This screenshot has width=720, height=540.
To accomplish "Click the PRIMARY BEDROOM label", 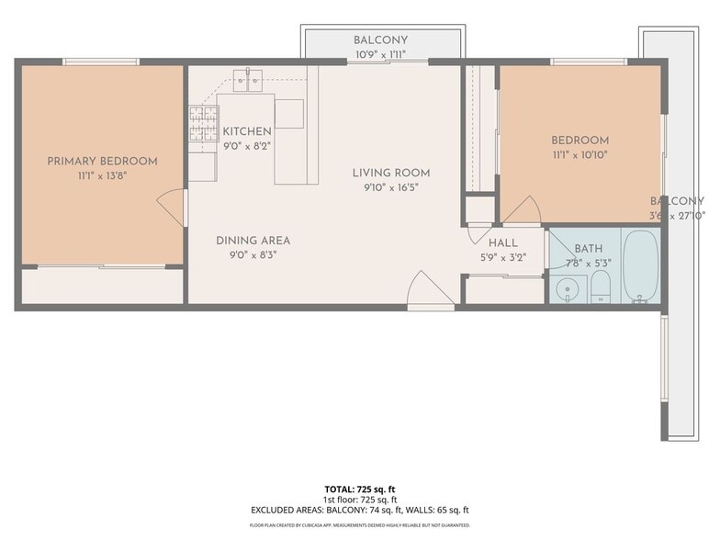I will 102,161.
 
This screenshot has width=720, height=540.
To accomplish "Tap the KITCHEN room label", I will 246,131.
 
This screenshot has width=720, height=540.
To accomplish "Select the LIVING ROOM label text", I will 391,173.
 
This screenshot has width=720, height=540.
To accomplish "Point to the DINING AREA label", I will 253,241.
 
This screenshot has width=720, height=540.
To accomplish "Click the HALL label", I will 502,242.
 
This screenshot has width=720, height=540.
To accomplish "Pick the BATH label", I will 588,249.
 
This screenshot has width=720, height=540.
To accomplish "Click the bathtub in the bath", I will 640,265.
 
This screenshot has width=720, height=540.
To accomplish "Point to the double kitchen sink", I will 247,82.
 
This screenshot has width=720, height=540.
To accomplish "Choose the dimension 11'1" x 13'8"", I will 102,175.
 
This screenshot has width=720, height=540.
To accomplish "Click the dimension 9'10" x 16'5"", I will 391,187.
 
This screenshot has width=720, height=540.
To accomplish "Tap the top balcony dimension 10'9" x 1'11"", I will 380,55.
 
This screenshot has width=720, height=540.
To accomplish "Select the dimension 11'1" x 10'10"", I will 579,155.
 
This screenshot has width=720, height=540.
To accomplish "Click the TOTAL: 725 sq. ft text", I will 360,489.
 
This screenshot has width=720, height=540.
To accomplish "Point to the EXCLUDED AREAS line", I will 360,510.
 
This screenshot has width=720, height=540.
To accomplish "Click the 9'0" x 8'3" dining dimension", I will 253,255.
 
